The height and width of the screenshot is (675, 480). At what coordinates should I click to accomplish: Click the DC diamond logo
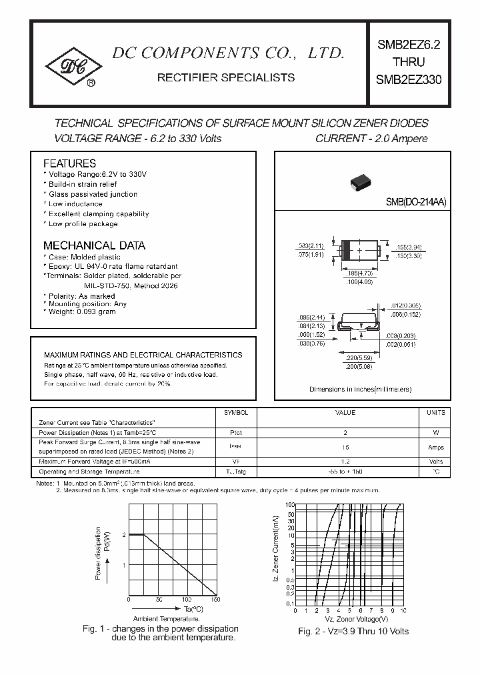click(73, 65)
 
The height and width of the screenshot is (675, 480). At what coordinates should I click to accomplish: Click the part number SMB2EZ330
click(409, 79)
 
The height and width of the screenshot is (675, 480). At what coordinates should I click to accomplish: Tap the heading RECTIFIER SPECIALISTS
click(225, 77)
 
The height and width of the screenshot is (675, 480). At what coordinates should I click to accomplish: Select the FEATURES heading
click(69, 163)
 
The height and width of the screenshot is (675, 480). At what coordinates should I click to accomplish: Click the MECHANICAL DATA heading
click(94, 245)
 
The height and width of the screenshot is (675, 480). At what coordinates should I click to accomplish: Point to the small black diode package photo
click(360, 182)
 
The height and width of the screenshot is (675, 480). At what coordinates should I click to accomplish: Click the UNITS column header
click(435, 413)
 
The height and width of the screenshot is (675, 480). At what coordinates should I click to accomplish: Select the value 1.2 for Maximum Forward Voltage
click(345, 462)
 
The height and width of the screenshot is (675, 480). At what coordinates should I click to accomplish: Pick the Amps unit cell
click(435, 447)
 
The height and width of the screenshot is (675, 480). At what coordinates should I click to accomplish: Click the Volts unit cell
click(435, 462)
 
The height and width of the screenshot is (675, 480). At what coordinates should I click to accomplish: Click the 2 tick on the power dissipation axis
click(123, 535)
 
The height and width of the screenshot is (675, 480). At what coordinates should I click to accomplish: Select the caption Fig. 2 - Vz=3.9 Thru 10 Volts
click(353, 631)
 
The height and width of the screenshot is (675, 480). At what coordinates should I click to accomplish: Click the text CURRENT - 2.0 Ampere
click(371, 139)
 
